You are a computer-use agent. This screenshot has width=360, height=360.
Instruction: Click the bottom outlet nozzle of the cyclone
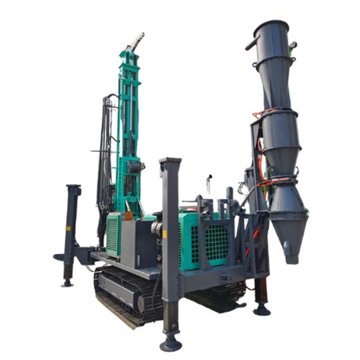[x=291, y=252]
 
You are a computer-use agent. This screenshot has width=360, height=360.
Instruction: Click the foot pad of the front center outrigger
[x=171, y=343]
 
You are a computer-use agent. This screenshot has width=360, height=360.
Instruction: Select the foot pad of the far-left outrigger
[x=67, y=283]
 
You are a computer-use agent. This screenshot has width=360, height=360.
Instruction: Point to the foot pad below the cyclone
[x=262, y=309]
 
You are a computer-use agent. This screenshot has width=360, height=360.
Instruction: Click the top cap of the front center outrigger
[x=170, y=163]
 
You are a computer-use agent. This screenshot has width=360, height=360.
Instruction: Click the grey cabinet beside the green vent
[x=138, y=243]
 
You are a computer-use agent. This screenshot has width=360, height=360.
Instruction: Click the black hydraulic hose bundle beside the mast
[x=105, y=153]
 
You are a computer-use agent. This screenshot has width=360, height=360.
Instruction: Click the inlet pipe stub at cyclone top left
[x=251, y=45]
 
